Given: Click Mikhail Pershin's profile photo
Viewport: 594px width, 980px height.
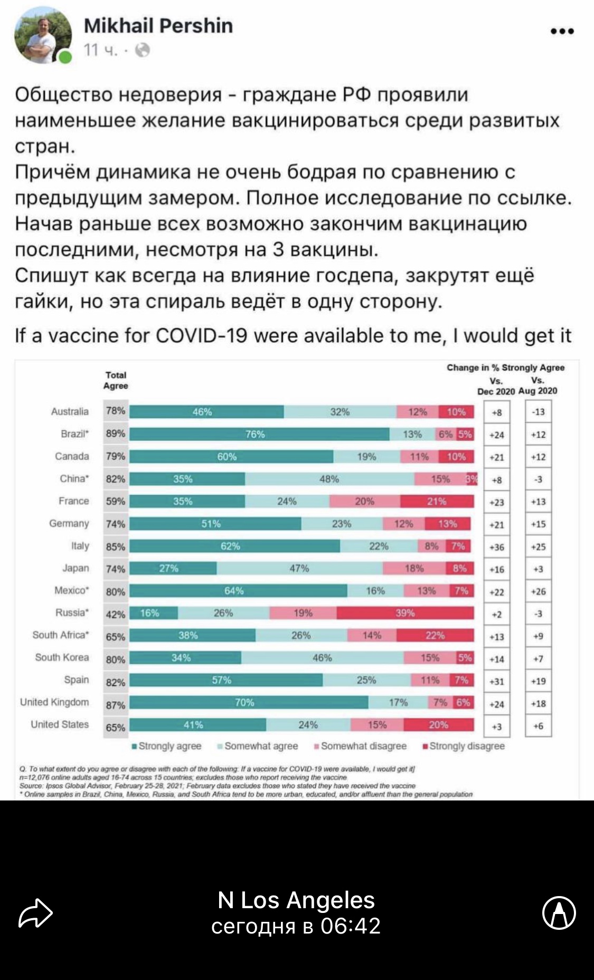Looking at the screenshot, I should point(43,37).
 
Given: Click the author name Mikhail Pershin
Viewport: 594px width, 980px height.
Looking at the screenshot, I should point(158,25).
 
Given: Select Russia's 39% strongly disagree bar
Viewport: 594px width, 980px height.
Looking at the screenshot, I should point(405,613).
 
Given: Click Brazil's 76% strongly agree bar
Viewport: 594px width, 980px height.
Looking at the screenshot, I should point(259,434).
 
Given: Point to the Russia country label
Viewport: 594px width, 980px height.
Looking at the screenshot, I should point(72,612).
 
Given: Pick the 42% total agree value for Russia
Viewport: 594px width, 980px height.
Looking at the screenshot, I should point(116,614).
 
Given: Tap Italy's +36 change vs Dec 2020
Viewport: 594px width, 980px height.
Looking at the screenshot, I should point(496,547).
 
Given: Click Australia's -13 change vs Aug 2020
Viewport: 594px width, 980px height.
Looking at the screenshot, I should point(538,412).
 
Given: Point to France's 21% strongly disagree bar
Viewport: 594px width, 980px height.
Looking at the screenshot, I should point(437,501).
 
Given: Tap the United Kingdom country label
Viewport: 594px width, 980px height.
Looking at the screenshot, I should point(54,702).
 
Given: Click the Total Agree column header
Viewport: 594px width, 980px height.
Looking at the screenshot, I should point(116,380).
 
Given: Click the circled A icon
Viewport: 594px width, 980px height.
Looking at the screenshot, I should point(559,912).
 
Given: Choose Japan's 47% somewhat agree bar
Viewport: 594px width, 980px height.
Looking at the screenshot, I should point(299,568).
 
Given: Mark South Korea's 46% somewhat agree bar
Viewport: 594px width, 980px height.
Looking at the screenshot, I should point(322,658).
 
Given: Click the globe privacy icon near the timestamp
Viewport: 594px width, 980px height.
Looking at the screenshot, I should point(143,50).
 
